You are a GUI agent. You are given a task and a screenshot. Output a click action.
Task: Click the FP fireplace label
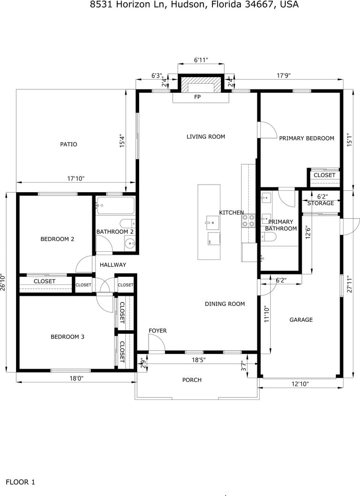click(x=197, y=97)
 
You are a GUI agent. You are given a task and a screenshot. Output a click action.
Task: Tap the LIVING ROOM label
click(x=206, y=137)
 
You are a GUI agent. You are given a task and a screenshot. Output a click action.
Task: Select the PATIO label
click(x=69, y=144)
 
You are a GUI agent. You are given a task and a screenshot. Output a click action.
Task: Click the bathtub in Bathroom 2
click(x=116, y=205)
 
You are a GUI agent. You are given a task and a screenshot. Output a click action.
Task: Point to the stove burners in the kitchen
click(x=248, y=221)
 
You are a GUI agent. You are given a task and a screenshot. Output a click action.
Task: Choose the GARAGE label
click(x=301, y=320)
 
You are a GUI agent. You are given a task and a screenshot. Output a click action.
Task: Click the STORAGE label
click(x=320, y=203)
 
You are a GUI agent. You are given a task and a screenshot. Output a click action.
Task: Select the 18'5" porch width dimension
click(x=199, y=360)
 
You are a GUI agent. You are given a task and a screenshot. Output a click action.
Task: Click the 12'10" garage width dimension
click(x=300, y=384)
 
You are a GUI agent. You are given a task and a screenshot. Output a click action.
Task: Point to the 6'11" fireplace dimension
click(x=201, y=60)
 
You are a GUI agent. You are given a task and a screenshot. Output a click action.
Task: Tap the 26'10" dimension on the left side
click(x=3, y=282)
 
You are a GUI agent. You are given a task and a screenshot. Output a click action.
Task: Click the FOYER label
click(x=158, y=331)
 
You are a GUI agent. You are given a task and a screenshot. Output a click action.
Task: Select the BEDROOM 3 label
click(x=68, y=337)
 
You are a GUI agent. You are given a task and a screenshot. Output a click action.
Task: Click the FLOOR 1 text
click(x=20, y=482)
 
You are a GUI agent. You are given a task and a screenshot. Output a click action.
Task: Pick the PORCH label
click(x=192, y=380)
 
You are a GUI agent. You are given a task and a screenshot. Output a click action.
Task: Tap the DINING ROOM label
click(x=225, y=304)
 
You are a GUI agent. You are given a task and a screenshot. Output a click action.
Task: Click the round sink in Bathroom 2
click(x=130, y=244)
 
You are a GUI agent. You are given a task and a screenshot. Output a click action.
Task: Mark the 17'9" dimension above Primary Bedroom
click(x=284, y=76)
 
